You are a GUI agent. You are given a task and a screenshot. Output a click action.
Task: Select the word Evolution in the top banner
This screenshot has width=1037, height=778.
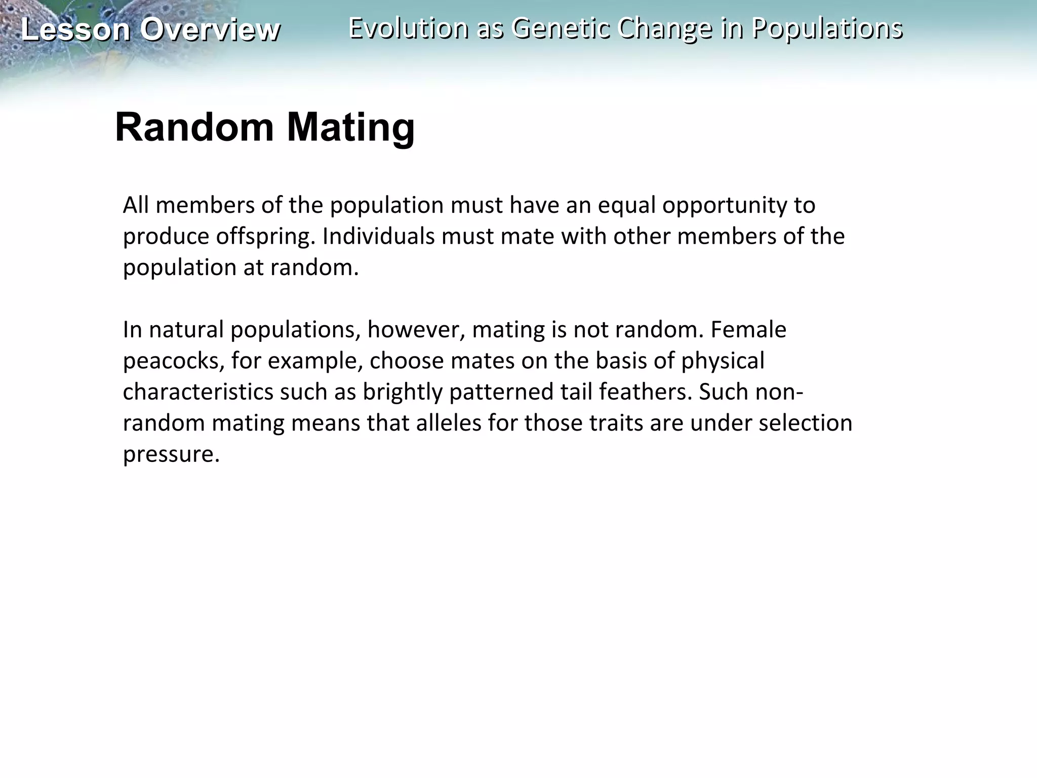pyautogui.click(x=408, y=28)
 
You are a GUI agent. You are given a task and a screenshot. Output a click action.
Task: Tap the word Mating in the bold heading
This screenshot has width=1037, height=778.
pyautogui.click(x=351, y=128)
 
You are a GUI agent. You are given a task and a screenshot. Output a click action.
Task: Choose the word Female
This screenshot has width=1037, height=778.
pyautogui.click(x=748, y=330)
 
